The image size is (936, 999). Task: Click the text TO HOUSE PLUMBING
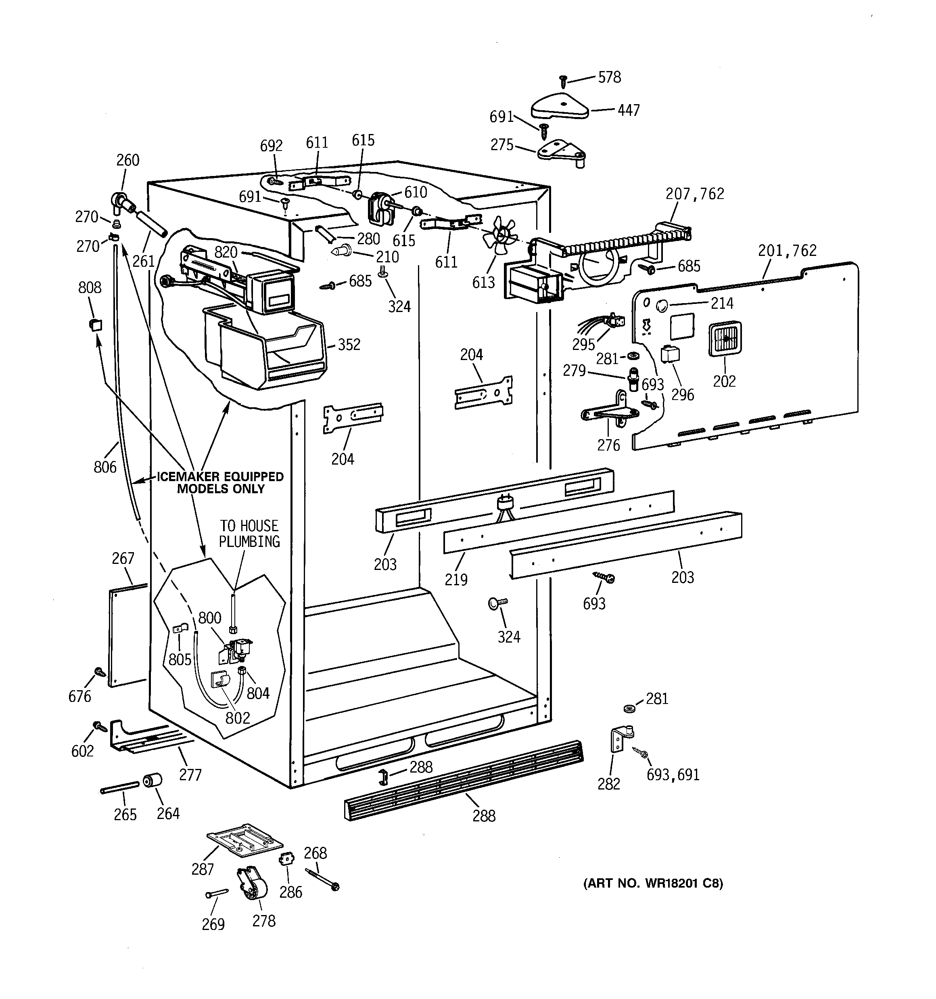tap(249, 534)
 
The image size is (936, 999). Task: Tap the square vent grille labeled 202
tap(725, 340)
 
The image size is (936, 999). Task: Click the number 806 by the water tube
tap(105, 467)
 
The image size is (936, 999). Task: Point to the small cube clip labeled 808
tap(95, 325)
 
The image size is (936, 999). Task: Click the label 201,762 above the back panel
tap(787, 250)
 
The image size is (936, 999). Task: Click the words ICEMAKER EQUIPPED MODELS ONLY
tap(221, 482)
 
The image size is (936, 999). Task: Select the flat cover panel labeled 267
tap(127, 634)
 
